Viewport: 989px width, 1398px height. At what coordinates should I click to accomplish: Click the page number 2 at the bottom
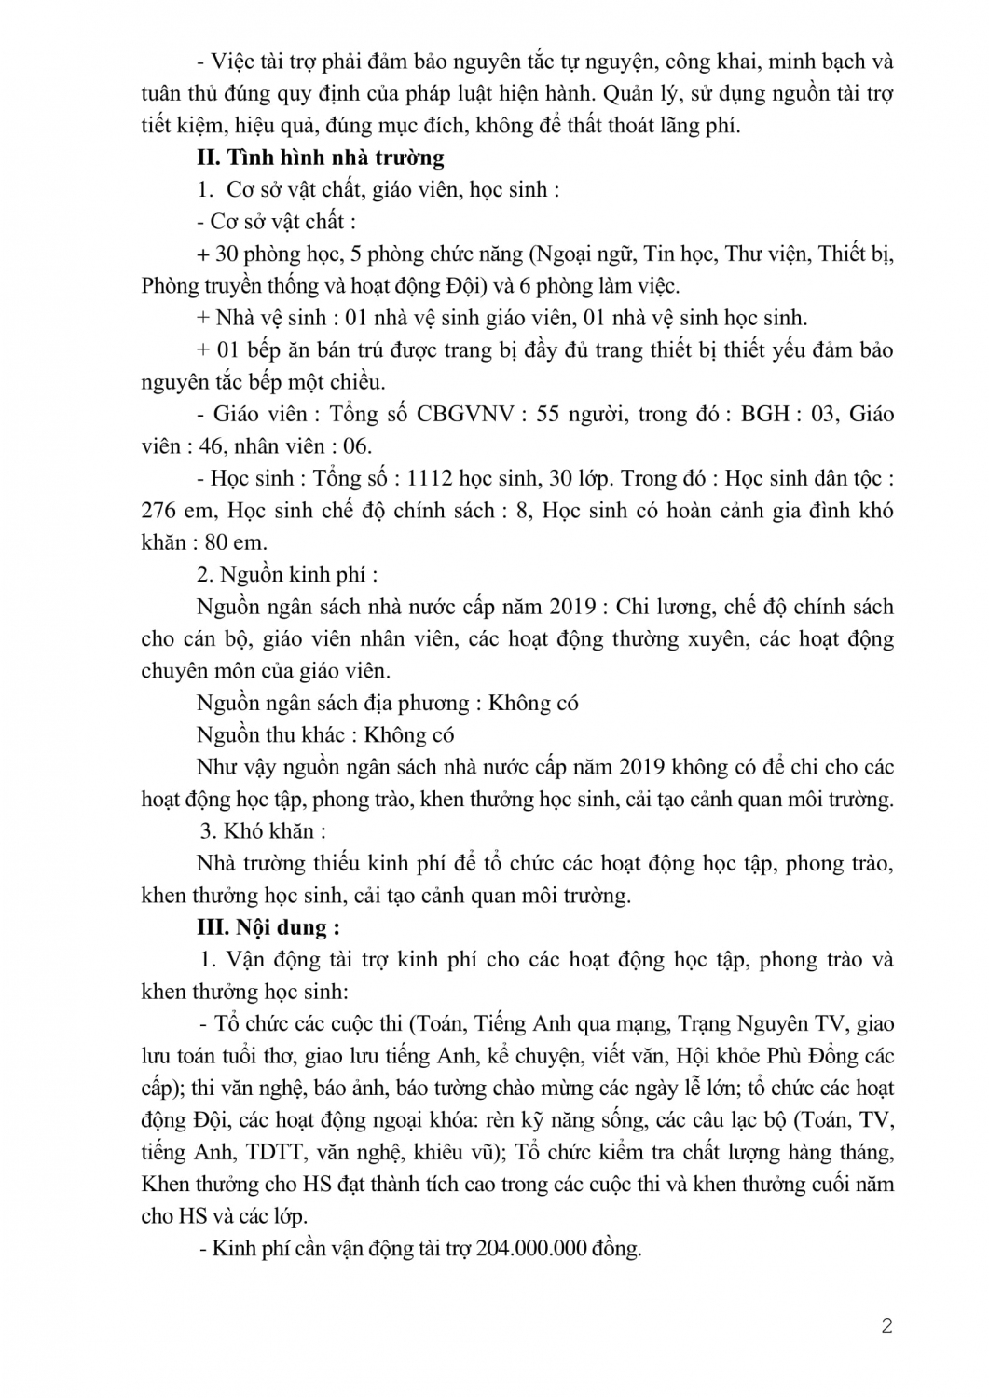point(886,1325)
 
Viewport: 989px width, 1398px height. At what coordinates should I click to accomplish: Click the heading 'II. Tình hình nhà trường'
point(321,158)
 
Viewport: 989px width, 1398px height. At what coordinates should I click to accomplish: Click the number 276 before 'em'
point(159,511)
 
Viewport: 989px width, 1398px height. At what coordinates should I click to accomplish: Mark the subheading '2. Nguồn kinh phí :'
point(298,574)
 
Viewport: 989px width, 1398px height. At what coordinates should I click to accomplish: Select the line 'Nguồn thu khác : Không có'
point(325,734)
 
